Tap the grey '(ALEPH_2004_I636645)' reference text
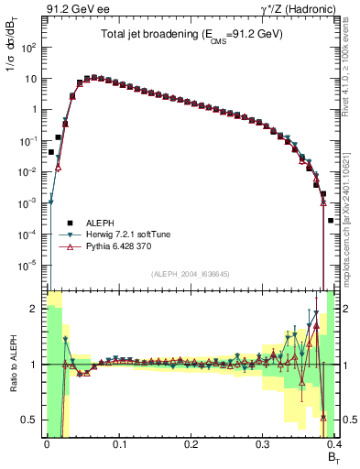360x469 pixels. (x=189, y=275)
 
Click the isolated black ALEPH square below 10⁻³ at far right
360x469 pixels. (x=330, y=221)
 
